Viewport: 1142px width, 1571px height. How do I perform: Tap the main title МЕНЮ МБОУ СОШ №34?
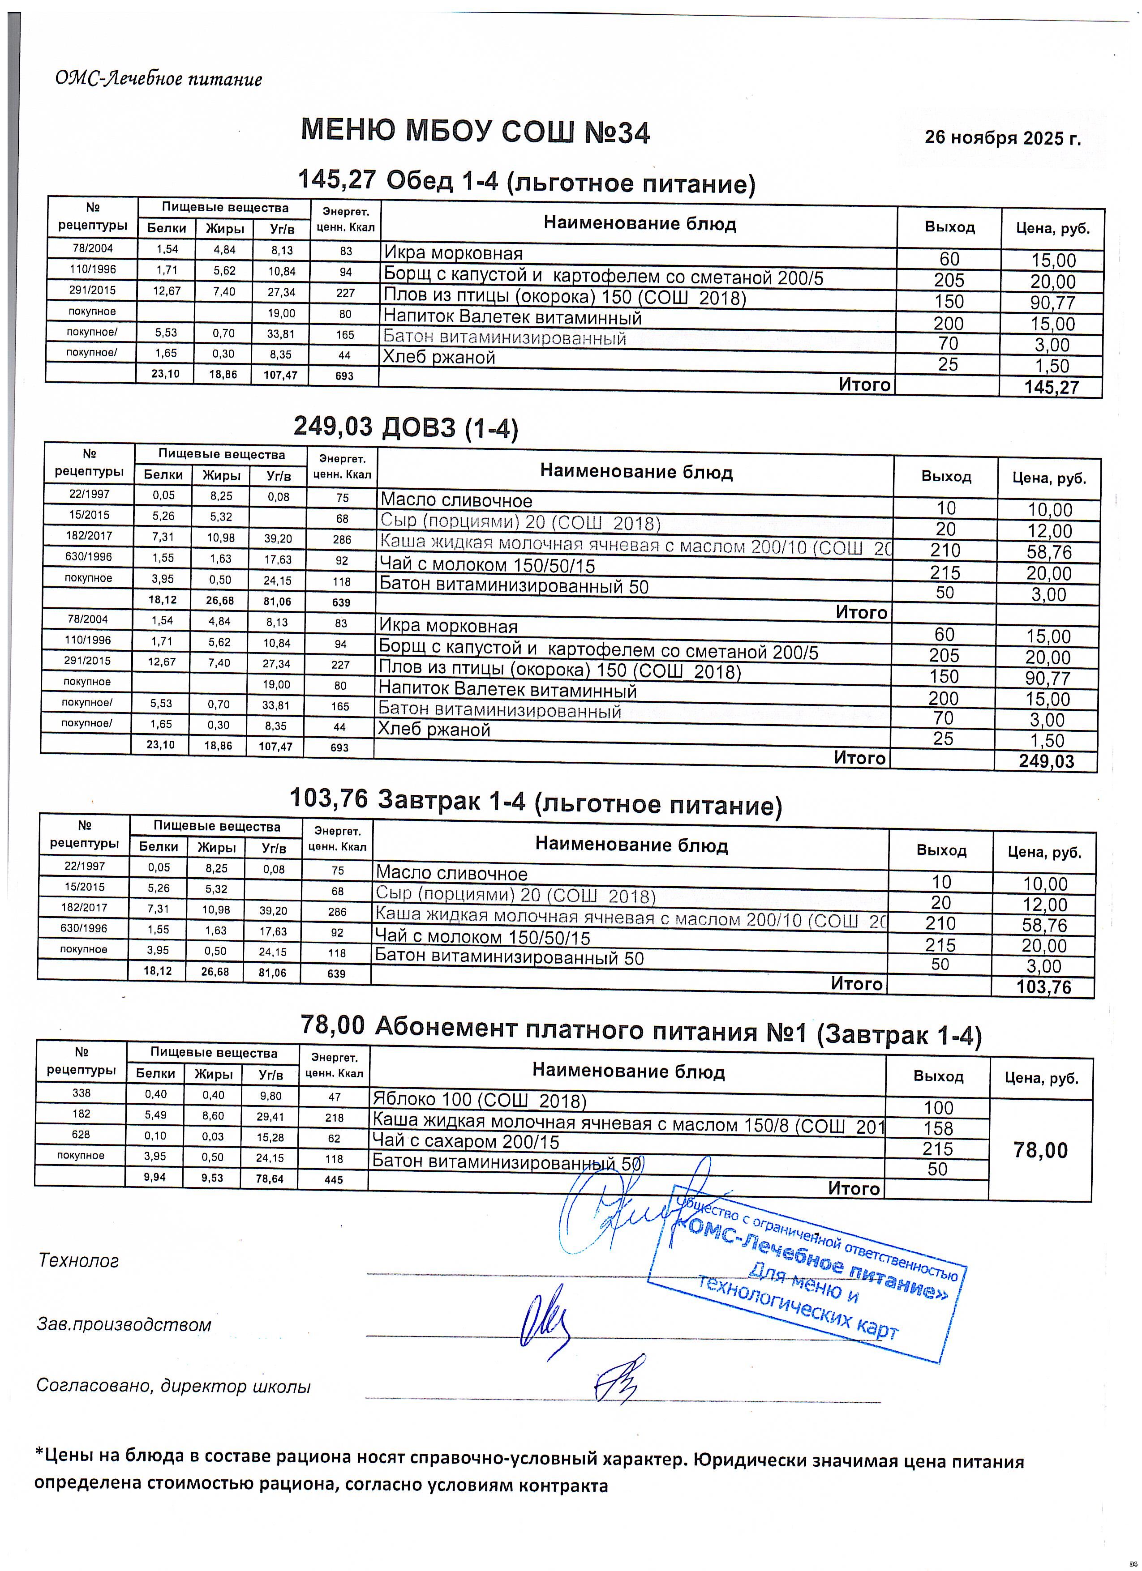click(475, 132)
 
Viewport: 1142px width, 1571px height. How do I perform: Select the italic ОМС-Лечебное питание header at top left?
click(159, 79)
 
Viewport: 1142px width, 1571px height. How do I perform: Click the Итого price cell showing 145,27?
click(1051, 387)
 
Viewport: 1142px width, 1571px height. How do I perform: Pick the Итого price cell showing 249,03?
click(1046, 761)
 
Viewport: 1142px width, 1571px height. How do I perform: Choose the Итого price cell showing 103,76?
click(1043, 986)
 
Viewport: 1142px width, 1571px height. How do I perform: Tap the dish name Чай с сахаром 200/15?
click(466, 1141)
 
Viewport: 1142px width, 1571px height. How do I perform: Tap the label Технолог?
click(78, 1260)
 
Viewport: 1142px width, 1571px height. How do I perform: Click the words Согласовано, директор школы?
click(173, 1386)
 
